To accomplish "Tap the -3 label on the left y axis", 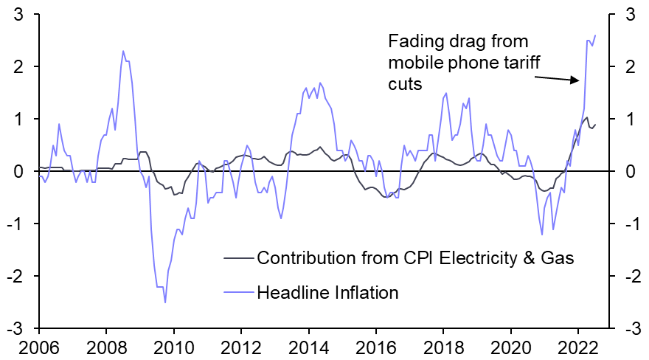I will click(20, 328).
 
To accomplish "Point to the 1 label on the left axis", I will click(24, 119).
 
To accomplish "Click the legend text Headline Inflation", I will click(327, 293).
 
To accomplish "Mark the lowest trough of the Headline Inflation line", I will click(165, 302).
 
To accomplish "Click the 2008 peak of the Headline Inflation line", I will click(123, 51).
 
